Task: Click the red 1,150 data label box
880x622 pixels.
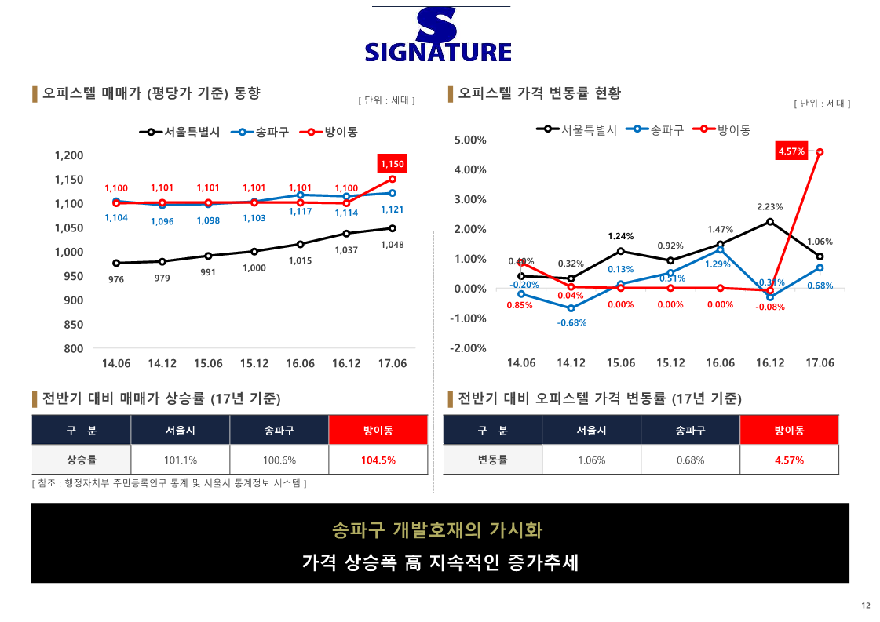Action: (392, 164)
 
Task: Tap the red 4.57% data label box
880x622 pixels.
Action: (791, 151)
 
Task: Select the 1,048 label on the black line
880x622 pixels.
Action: (392, 245)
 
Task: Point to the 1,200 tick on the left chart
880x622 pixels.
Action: (69, 155)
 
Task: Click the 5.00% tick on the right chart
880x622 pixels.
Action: (470, 140)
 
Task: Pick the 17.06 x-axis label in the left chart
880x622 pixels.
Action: (392, 363)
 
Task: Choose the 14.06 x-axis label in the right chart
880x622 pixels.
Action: (521, 363)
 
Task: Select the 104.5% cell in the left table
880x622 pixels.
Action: (378, 460)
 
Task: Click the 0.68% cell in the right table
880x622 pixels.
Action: (690, 460)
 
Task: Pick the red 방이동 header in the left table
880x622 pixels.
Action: (378, 430)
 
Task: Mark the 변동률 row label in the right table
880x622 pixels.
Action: (492, 460)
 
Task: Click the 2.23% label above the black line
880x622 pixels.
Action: (770, 207)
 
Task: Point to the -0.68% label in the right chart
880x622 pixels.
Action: (571, 322)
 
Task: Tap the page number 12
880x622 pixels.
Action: (865, 605)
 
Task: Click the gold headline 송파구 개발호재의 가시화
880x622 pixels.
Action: (437, 529)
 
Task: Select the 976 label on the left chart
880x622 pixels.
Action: (116, 279)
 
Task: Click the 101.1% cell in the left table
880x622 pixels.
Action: (181, 460)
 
